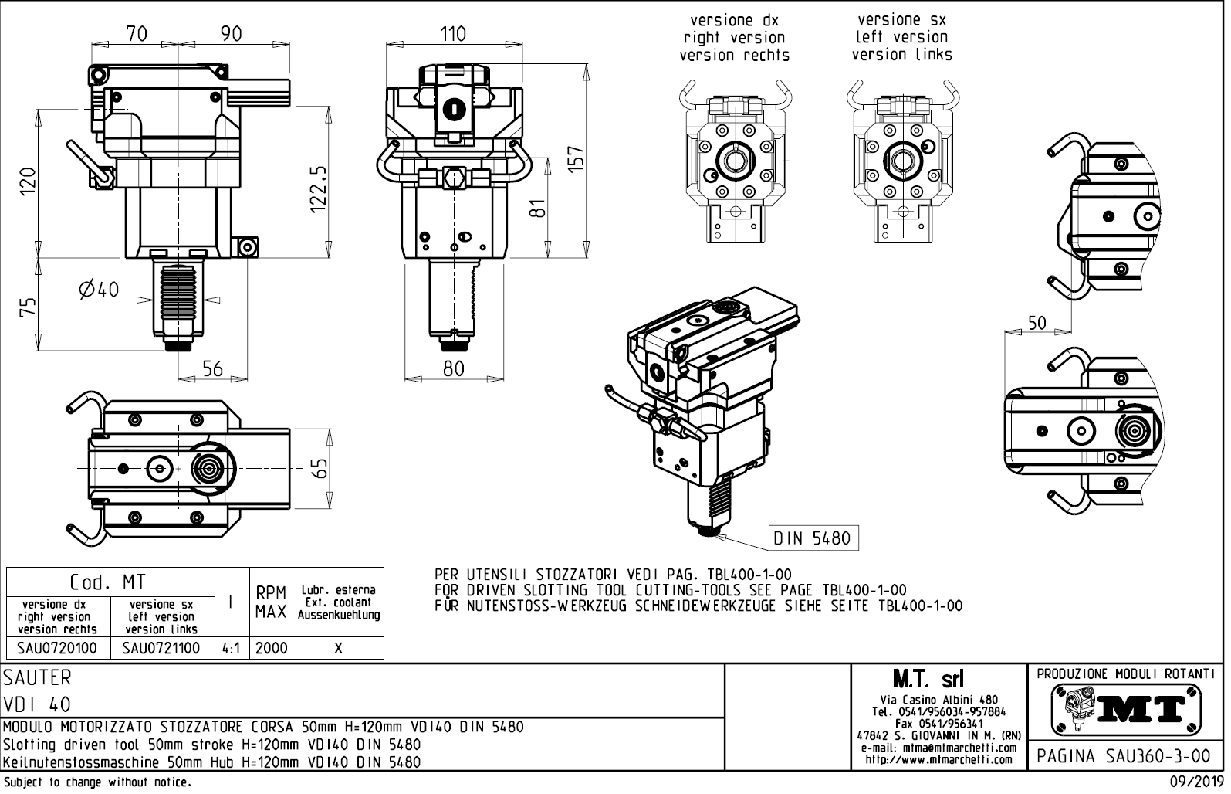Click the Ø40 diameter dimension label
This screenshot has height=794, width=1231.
point(99,290)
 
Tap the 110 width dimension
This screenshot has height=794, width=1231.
point(453,33)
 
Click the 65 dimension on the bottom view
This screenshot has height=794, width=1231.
point(321,469)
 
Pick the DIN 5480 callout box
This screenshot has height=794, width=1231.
point(813,538)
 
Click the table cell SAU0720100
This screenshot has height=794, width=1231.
point(58,648)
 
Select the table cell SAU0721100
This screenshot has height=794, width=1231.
point(162,648)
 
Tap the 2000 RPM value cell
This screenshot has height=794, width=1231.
point(271,648)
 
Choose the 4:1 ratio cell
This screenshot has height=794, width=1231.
point(230,648)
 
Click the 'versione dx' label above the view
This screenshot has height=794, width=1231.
point(734,20)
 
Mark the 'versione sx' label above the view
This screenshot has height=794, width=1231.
point(901,20)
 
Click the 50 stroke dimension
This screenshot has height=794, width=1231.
point(1037,324)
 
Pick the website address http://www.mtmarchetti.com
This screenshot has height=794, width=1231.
point(938,760)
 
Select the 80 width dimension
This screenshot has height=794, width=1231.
point(453,369)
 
